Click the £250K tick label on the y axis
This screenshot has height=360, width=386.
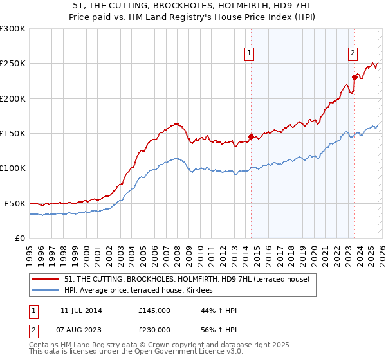(x=13, y=64)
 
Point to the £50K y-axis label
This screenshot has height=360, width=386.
(x=15, y=203)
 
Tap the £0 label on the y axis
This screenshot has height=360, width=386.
(x=20, y=238)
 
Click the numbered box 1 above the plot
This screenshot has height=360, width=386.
(x=248, y=53)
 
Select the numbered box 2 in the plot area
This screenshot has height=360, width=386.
(x=353, y=53)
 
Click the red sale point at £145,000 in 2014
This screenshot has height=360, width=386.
(x=251, y=136)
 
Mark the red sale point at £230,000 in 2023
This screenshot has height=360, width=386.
(x=354, y=77)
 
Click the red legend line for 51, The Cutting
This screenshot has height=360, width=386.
(x=46, y=279)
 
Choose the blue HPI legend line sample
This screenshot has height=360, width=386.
(x=46, y=291)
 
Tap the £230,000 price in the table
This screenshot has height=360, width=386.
(x=154, y=330)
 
